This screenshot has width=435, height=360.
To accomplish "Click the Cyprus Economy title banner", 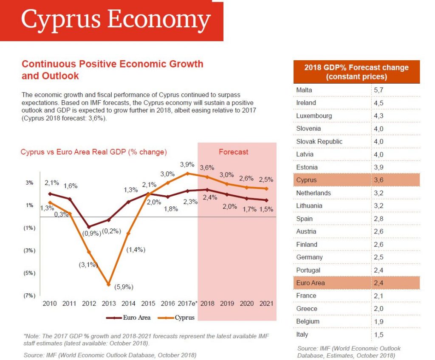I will point(116,20).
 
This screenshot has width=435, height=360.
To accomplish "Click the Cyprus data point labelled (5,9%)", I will point(109,284).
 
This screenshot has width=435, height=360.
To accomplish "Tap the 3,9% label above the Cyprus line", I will point(187,164).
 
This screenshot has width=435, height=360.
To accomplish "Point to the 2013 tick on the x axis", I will point(109,304).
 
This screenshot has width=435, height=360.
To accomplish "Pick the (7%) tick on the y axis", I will point(29,295).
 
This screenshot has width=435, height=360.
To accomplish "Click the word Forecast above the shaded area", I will point(233,152).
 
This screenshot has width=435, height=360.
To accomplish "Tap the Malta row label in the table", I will point(304,90).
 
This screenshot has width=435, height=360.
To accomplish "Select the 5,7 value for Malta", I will point(378,90).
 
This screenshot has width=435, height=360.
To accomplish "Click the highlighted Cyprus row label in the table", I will point(306,180).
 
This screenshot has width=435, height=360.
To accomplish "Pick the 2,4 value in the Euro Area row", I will point(378,283).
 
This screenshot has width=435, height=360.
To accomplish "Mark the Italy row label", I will point(302,335).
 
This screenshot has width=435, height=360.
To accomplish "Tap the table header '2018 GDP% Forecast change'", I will point(356,72).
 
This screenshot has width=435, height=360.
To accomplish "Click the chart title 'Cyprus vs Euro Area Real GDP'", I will point(93,152).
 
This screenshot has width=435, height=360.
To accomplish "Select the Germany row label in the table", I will point(309,257).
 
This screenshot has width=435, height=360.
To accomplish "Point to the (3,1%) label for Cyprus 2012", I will point(88,265).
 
